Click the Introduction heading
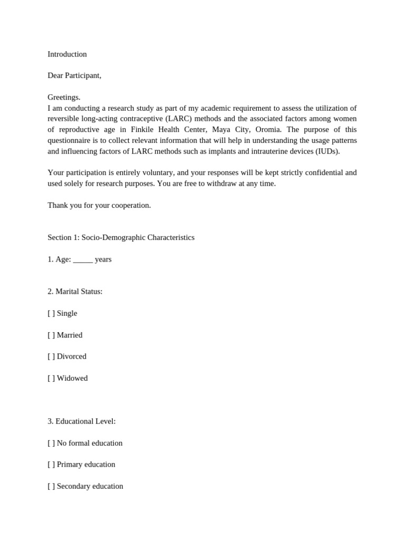[x=67, y=54]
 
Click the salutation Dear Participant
[x=74, y=75]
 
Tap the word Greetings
[x=64, y=97]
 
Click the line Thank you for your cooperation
[x=99, y=205]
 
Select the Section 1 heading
[x=121, y=238]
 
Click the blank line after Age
[x=83, y=259]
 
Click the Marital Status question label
[x=75, y=292]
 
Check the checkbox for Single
[x=51, y=313]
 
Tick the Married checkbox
[x=51, y=335]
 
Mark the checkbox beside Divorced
[x=51, y=356]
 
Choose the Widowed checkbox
[x=51, y=378]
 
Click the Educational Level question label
[x=81, y=421]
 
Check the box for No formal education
[x=51, y=443]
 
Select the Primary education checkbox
[x=51, y=465]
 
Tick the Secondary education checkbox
[x=51, y=486]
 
